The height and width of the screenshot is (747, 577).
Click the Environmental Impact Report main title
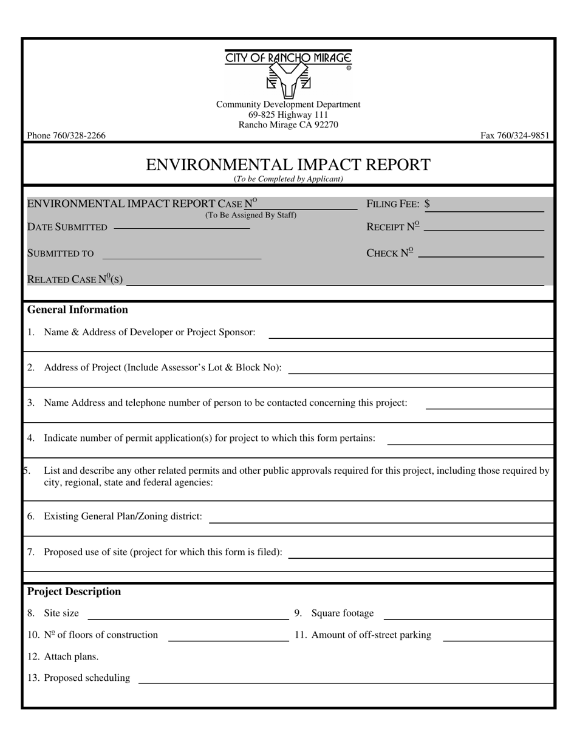coord(288,165)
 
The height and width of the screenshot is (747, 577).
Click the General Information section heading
coord(78,310)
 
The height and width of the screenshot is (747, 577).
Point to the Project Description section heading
coord(74,592)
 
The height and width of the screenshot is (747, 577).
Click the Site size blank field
coord(188,616)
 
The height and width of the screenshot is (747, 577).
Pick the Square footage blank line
coord(468,616)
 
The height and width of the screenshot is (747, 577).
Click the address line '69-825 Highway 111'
coord(288,115)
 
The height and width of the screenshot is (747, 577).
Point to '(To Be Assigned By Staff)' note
coord(250,215)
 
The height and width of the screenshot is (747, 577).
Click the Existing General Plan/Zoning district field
coord(381,519)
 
